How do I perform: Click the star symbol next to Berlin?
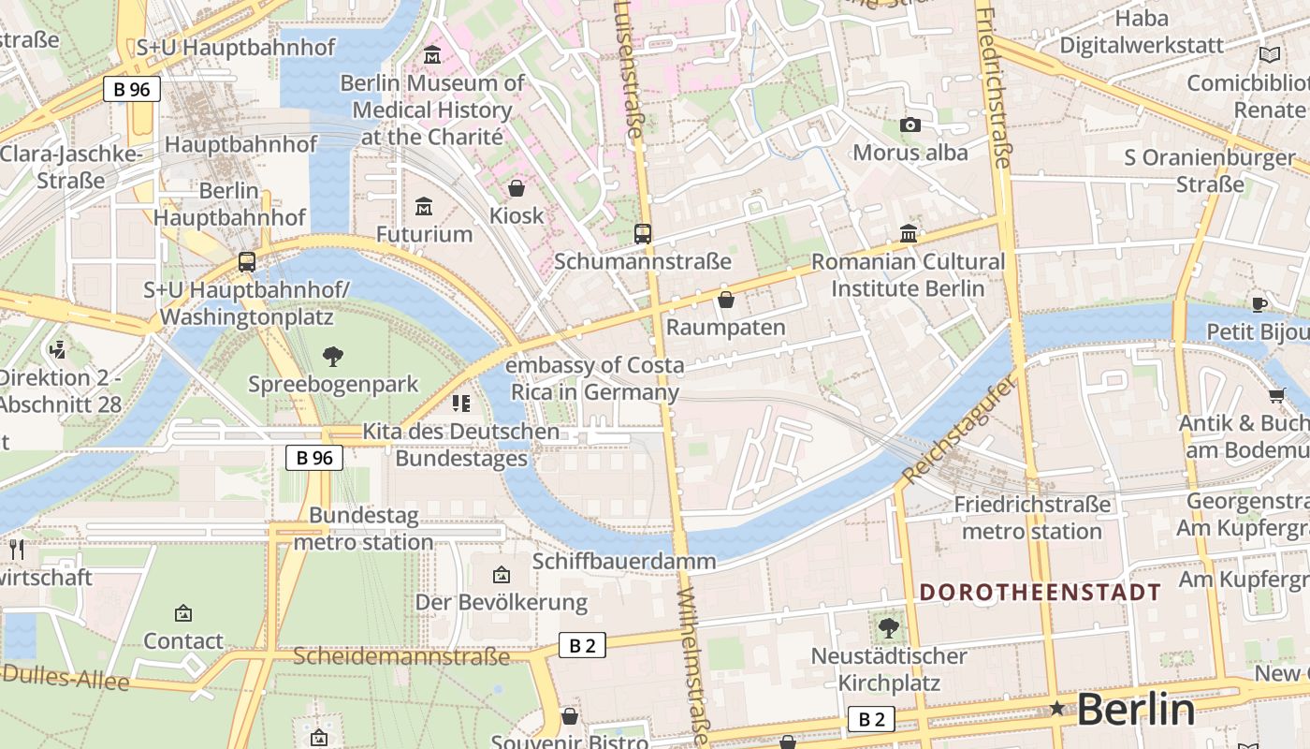tap(1057, 709)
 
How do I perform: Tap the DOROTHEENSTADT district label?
tap(1040, 592)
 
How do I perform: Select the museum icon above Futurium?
tap(424, 205)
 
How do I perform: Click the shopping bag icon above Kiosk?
tap(517, 188)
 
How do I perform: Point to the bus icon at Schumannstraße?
tap(643, 233)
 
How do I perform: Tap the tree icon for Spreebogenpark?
tap(332, 356)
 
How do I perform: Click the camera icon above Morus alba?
tap(910, 125)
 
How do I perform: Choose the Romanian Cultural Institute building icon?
tap(909, 233)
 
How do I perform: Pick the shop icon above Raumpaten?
tap(726, 300)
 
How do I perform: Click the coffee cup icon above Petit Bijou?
tap(1259, 303)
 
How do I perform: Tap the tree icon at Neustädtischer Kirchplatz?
tap(888, 627)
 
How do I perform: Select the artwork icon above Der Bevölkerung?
tap(502, 574)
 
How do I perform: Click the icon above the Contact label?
tap(183, 613)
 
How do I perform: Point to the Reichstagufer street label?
tap(958, 432)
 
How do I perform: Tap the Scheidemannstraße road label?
tap(402, 655)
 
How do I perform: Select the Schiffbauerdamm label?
tap(624, 561)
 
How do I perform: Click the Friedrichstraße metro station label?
tap(1032, 518)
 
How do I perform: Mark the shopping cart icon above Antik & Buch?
tap(1277, 395)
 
